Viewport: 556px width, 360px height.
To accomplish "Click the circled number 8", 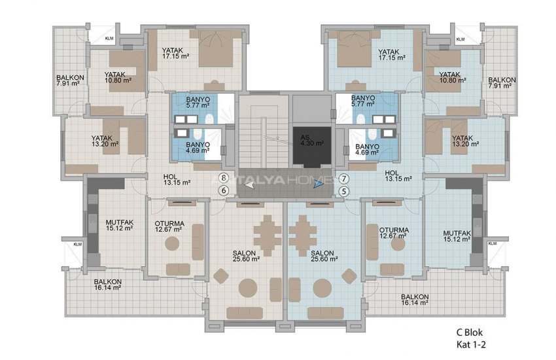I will point(224,177).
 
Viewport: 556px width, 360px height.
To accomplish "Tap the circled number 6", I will point(224,190).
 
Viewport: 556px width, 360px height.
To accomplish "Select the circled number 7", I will point(345,178).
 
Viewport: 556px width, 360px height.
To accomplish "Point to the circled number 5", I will point(345,191).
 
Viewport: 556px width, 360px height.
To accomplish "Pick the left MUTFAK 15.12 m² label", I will point(120,226).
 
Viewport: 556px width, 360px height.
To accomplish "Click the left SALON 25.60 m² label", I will point(246,255).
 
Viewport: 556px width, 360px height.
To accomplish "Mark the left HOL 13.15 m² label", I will point(176,180).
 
